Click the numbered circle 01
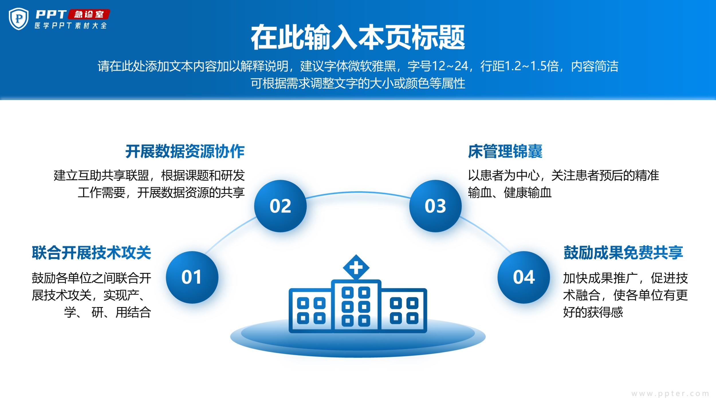[192, 277]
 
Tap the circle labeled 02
[280, 206]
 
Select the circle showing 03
[435, 206]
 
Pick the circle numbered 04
[524, 277]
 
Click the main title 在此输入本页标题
[358, 37]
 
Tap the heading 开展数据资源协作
[185, 151]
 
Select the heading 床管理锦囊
[505, 151]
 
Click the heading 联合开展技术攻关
[92, 253]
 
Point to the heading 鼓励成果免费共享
[623, 253]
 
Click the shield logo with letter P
[19, 19]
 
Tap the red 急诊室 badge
[89, 15]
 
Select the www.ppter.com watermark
[670, 394]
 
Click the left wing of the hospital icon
[311, 311]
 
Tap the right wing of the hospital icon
[404, 311]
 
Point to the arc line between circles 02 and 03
[358, 192]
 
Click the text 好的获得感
[593, 312]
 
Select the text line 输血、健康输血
[510, 192]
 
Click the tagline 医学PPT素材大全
[71, 25]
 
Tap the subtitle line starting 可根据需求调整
[358, 83]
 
